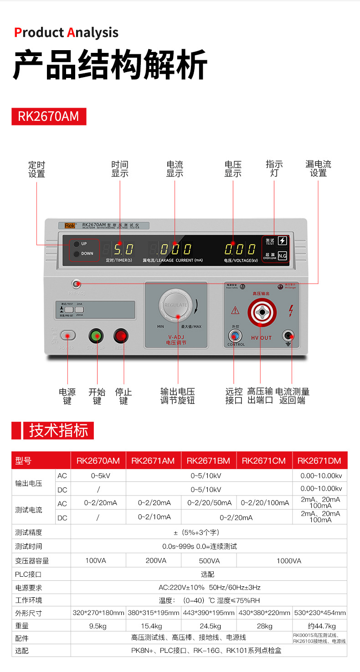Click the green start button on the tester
click(96, 336)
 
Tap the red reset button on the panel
click(121, 336)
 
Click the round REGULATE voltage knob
click(175, 305)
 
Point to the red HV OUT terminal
click(262, 313)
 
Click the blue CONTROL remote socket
click(235, 336)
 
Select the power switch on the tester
click(67, 336)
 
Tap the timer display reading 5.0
click(123, 249)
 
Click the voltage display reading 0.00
click(240, 249)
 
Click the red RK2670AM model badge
click(48, 116)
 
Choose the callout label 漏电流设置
click(318, 169)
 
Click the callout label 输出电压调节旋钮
click(177, 396)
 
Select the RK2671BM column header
click(208, 460)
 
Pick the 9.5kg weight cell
click(98, 626)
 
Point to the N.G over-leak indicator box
click(283, 255)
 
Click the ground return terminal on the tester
click(288, 336)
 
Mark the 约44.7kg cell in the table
click(320, 626)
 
